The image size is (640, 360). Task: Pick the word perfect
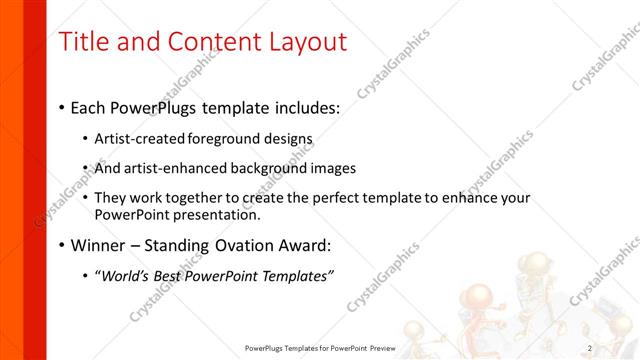[320, 198]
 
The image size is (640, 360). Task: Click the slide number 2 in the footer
[590, 348]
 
